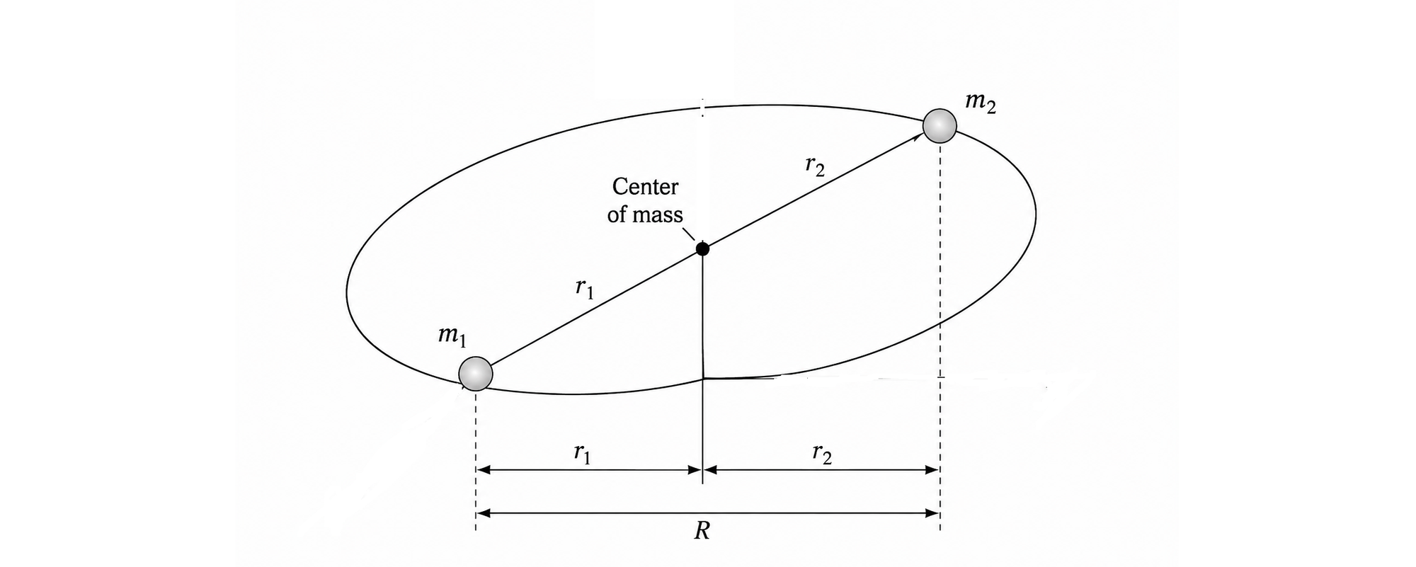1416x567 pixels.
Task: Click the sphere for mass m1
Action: tap(476, 373)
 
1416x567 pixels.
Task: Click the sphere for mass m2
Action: tap(940, 126)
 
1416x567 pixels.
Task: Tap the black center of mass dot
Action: tap(702, 248)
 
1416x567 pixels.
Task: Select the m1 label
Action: tap(452, 336)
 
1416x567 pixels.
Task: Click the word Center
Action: tap(645, 187)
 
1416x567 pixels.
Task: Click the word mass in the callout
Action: tap(657, 214)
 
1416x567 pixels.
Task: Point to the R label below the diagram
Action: tap(702, 532)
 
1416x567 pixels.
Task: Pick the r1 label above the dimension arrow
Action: tap(583, 454)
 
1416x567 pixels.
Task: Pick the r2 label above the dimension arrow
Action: tap(822, 454)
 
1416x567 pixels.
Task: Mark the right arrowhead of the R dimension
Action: tap(932, 513)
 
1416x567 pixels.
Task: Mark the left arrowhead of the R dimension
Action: tap(484, 513)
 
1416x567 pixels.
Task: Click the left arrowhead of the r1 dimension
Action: tap(484, 469)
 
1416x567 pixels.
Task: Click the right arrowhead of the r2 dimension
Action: tap(932, 469)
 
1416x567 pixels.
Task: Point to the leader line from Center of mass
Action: tap(690, 235)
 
